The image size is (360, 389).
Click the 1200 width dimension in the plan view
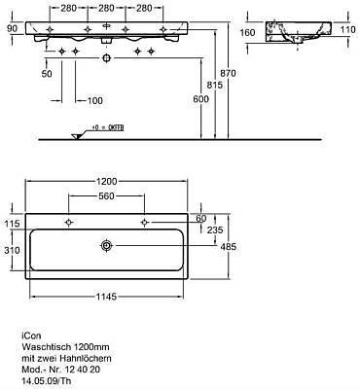click(x=107, y=181)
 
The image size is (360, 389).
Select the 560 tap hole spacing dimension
click(x=106, y=195)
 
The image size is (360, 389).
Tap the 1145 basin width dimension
click(x=106, y=297)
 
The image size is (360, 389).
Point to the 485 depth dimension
click(x=229, y=247)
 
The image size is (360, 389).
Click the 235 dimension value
click(x=215, y=230)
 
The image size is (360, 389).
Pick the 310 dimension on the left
click(x=13, y=250)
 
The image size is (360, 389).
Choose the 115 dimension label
click(x=13, y=224)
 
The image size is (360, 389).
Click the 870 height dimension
click(x=228, y=73)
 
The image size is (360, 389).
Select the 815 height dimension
click(x=215, y=85)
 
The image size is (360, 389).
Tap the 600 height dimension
click(x=201, y=99)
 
